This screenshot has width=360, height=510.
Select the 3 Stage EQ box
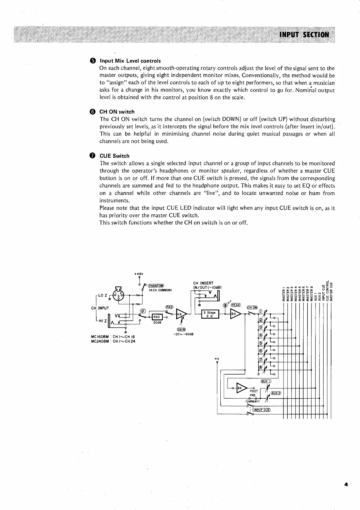210,314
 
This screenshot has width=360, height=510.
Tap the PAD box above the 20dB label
157,317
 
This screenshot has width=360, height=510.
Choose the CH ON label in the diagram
252,308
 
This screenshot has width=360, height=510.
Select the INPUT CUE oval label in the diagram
261,410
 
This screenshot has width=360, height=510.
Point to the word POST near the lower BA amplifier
254,391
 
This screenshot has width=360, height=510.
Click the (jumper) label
253,401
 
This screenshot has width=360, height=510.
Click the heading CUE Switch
114,156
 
